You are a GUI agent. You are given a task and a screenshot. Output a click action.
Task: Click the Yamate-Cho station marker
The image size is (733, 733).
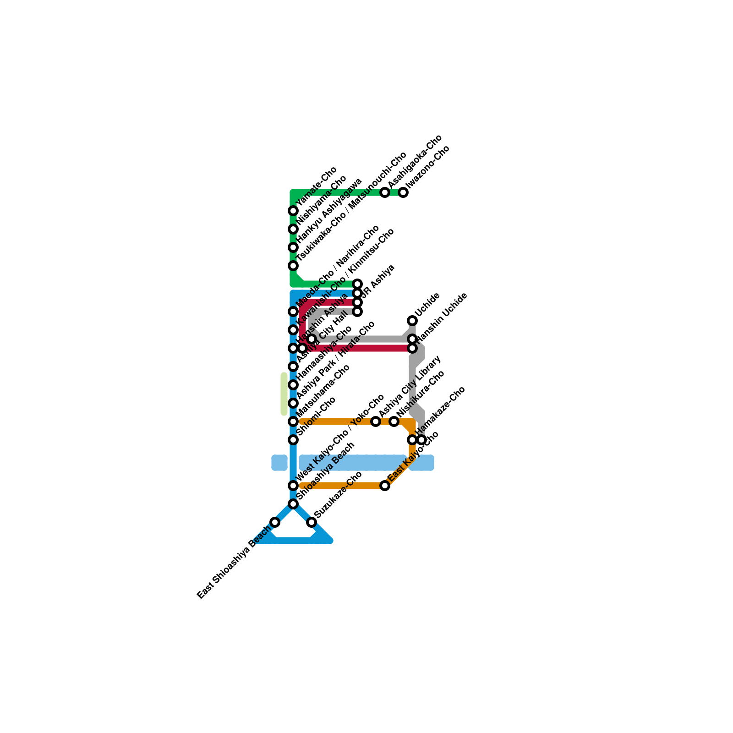(293, 211)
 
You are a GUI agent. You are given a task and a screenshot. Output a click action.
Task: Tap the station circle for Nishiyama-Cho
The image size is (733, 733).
(293, 229)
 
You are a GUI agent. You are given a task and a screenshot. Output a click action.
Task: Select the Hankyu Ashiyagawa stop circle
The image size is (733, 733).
(293, 247)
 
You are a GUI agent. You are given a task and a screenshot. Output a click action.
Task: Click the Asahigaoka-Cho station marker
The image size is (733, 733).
(385, 192)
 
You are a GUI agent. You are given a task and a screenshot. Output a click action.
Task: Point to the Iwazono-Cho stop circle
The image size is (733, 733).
(403, 192)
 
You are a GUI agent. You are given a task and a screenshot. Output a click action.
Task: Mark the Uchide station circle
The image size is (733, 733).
(412, 321)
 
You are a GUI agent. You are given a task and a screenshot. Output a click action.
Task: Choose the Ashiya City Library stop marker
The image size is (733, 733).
(376, 421)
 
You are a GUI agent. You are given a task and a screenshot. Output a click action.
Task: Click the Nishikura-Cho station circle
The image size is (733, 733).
(394, 421)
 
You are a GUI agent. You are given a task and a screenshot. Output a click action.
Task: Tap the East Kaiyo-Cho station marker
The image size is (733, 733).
(385, 486)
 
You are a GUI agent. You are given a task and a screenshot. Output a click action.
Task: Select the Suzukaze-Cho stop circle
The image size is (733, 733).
(312, 522)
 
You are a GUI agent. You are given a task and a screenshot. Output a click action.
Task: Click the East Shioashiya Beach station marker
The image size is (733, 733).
(275, 522)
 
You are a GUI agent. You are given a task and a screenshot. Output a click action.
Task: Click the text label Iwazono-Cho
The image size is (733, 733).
(428, 167)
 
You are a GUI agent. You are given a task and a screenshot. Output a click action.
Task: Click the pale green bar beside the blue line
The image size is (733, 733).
(284, 394)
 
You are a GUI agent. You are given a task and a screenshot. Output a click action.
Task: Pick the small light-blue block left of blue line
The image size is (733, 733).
(279, 463)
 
